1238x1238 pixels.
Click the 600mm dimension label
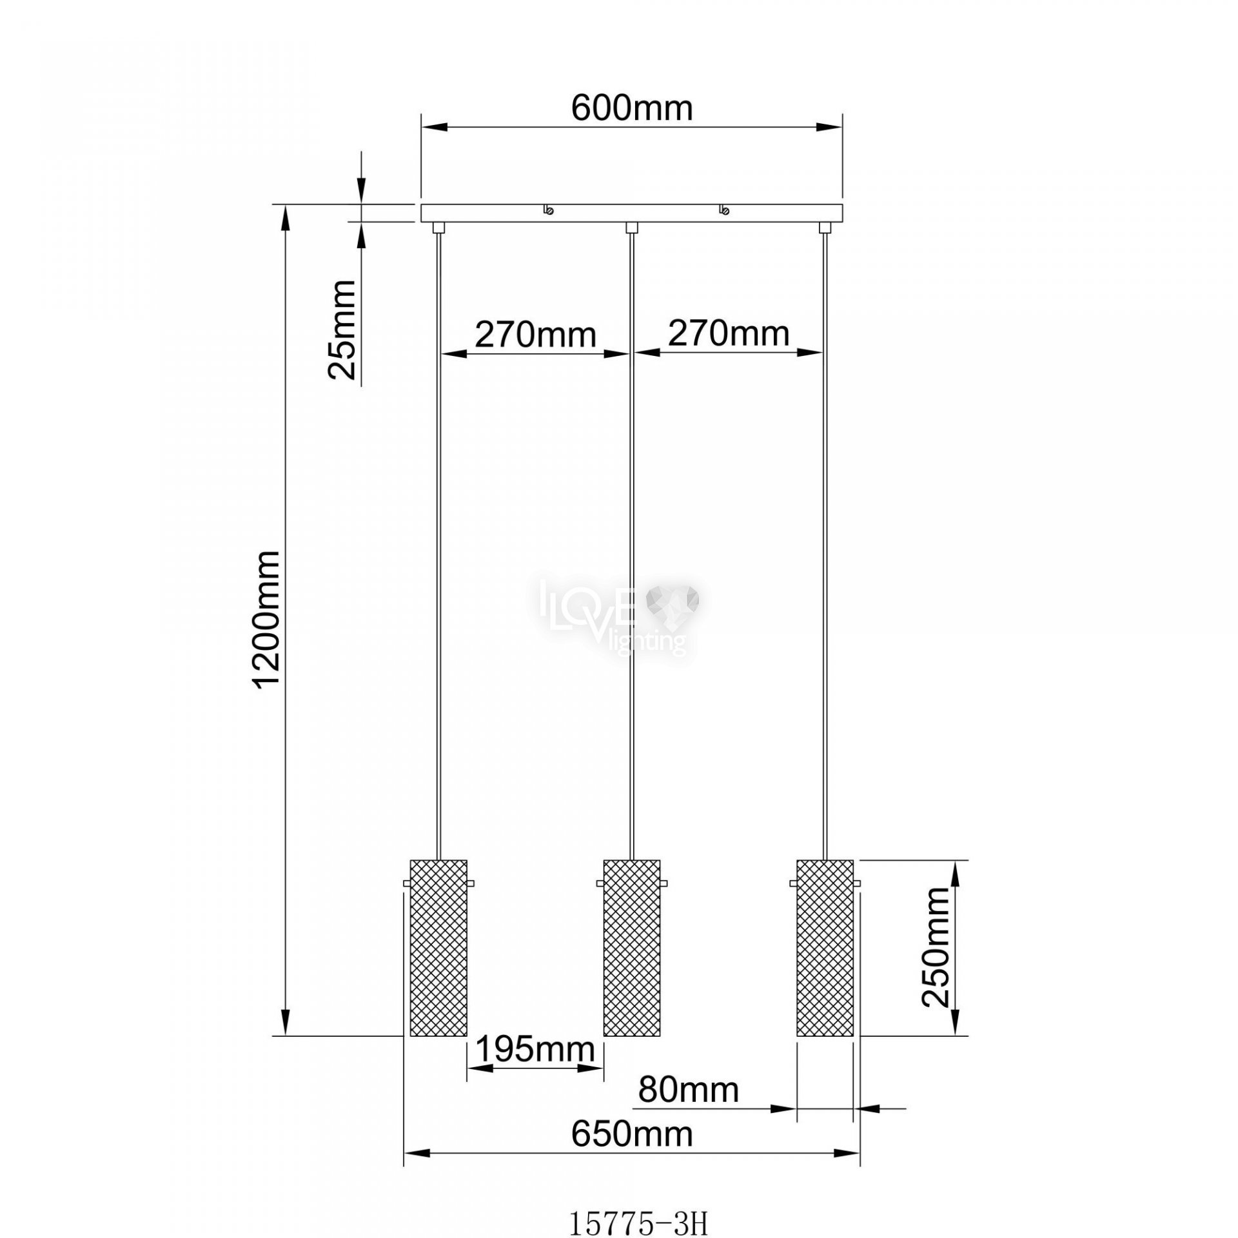pyautogui.click(x=632, y=108)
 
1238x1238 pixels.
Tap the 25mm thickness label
pyautogui.click(x=342, y=330)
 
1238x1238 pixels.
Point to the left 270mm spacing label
pyautogui.click(x=536, y=334)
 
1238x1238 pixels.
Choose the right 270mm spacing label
pyautogui.click(x=729, y=334)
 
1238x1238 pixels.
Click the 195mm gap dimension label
pyautogui.click(x=535, y=1050)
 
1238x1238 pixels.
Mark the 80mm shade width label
pyautogui.click(x=689, y=1090)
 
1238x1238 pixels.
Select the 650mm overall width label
pyautogui.click(x=632, y=1134)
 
